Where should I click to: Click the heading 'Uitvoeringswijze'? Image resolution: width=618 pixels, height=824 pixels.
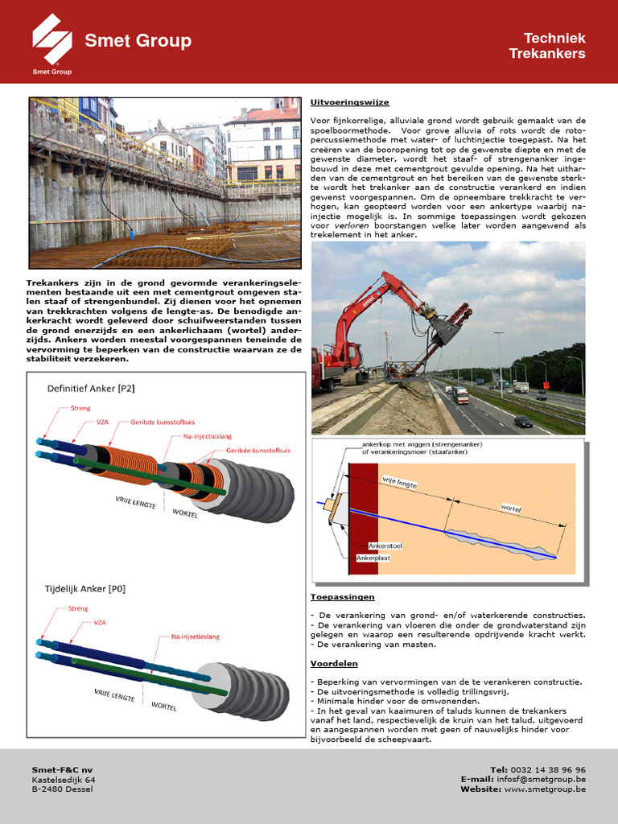(338, 102)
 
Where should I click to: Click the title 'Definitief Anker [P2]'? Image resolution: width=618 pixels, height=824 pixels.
(91, 389)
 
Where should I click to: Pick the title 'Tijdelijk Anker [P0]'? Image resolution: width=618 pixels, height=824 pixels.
(84, 588)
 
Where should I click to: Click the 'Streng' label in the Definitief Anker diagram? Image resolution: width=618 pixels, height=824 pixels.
(80, 409)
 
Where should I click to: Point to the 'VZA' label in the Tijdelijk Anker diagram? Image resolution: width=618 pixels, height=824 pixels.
(100, 623)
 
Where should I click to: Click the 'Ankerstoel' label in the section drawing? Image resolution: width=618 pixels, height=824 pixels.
(385, 546)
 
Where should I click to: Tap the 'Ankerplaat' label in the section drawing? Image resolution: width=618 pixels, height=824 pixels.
(383, 557)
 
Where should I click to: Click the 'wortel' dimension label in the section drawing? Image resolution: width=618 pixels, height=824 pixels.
(511, 509)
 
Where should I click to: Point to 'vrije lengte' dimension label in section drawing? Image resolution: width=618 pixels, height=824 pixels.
(416, 480)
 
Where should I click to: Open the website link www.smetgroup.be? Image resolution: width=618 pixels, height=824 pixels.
(546, 789)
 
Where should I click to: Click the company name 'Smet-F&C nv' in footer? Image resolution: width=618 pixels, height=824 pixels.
(62, 770)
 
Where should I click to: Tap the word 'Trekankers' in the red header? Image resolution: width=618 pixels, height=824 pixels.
(546, 54)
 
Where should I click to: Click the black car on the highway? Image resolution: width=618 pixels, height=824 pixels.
(523, 422)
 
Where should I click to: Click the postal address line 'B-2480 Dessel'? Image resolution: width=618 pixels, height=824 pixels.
(62, 789)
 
